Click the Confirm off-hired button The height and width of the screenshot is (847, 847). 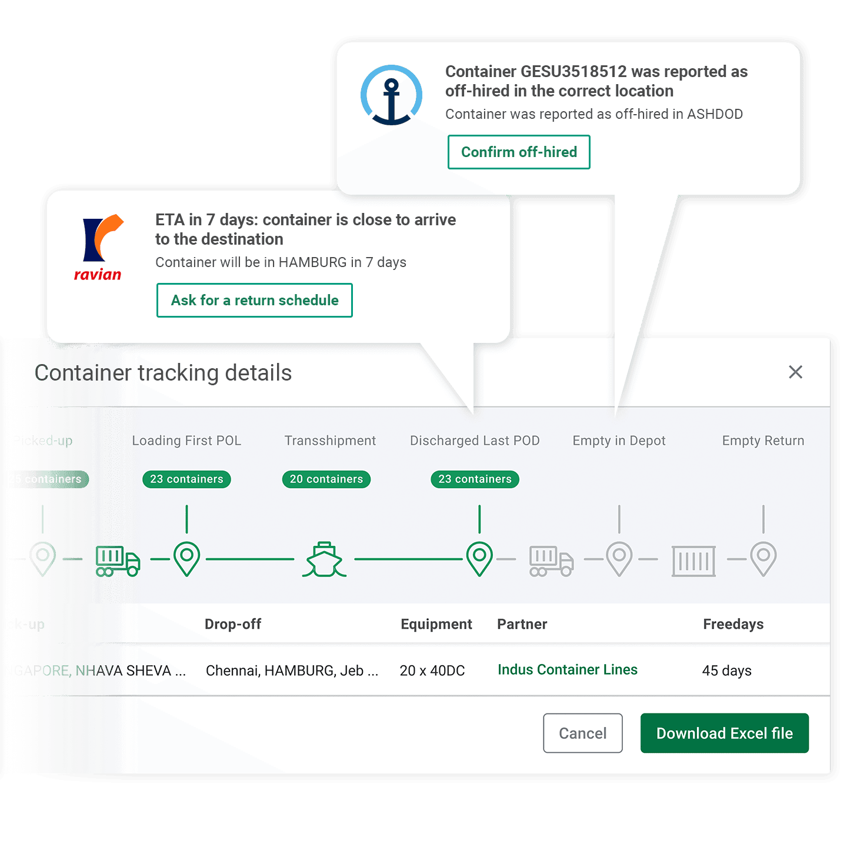518,152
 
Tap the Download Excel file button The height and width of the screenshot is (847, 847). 724,733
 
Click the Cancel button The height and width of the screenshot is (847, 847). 582,733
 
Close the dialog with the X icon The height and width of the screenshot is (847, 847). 795,372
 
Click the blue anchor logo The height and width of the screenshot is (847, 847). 391,95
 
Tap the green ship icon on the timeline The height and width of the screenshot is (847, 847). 324,559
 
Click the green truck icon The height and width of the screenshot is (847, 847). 118,560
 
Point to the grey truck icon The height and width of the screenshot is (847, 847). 551,561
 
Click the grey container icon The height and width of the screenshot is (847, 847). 693,561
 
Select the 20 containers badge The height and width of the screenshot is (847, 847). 326,479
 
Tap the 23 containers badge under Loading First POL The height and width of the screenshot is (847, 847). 186,479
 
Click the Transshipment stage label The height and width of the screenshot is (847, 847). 330,441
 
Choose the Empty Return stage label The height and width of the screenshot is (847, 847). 763,441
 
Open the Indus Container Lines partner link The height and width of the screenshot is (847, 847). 567,669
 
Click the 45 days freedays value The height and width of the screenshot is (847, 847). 726,671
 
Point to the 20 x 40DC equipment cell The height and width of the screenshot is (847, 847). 432,671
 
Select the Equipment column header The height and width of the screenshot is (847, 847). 436,624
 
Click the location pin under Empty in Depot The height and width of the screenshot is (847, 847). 619,558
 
